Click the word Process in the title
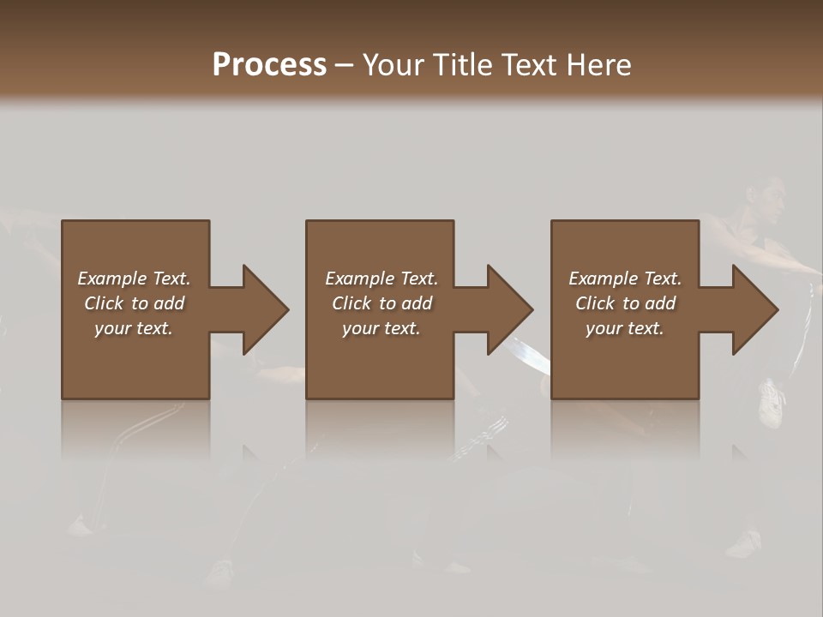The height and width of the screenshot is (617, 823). [x=269, y=65]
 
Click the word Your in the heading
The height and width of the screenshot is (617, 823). [x=392, y=65]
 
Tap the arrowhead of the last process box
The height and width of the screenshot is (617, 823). [x=754, y=309]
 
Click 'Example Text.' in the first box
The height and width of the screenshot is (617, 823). [x=134, y=279]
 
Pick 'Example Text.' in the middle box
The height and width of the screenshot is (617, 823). [x=381, y=279]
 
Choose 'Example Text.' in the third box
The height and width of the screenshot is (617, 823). [x=625, y=279]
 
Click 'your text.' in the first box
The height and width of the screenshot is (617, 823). [x=134, y=328]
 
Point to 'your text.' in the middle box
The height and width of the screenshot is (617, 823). [x=381, y=328]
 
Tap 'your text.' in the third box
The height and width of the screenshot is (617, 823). [x=625, y=328]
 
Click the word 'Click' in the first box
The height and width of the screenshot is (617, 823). [x=104, y=303]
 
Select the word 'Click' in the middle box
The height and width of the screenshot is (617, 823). [x=351, y=303]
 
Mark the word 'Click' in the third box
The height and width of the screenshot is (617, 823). [x=595, y=303]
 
